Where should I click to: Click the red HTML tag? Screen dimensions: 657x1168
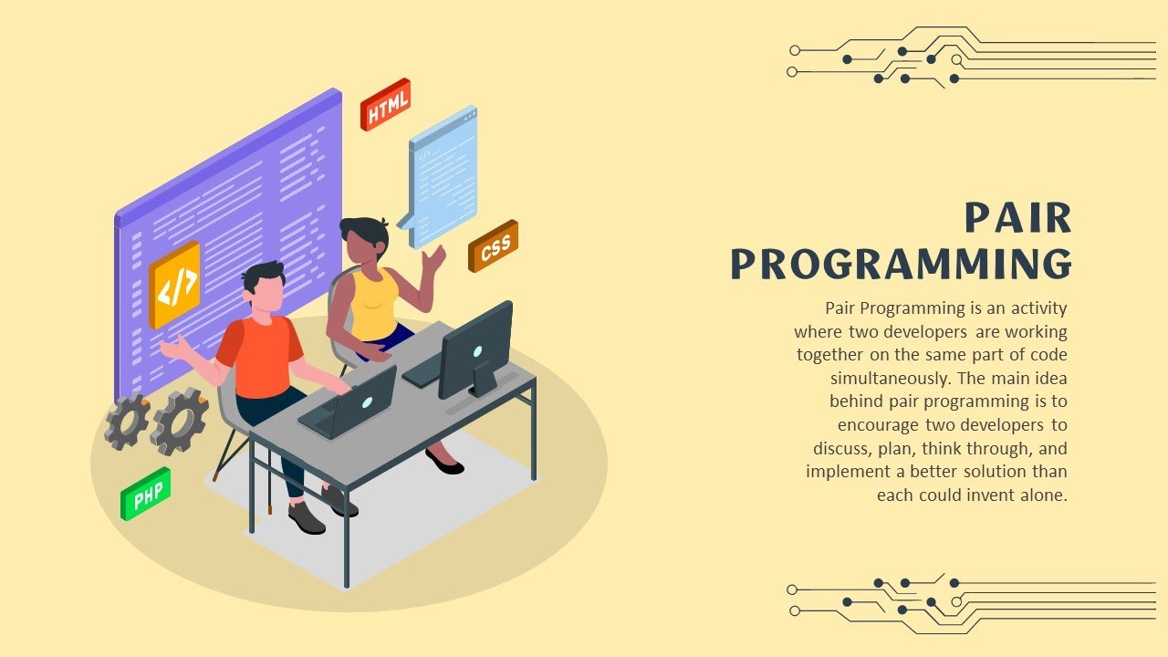coord(386,104)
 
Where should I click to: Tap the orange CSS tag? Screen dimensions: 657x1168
coord(494,245)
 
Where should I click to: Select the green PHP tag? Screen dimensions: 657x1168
coord(146,495)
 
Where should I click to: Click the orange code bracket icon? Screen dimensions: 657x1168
coord(174,286)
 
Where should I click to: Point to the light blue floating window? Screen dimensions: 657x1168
coord(443,176)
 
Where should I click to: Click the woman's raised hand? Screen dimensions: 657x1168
coord(434,259)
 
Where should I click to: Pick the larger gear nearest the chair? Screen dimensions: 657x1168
coord(179,421)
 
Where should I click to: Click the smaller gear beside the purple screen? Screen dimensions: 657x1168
coord(127,422)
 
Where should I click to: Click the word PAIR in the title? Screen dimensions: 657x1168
coord(1017,219)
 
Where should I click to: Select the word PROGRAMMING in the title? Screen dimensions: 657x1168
coord(901,264)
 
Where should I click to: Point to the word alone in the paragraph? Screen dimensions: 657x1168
coord(1044,495)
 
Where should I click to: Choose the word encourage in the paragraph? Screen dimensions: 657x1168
coord(877,425)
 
